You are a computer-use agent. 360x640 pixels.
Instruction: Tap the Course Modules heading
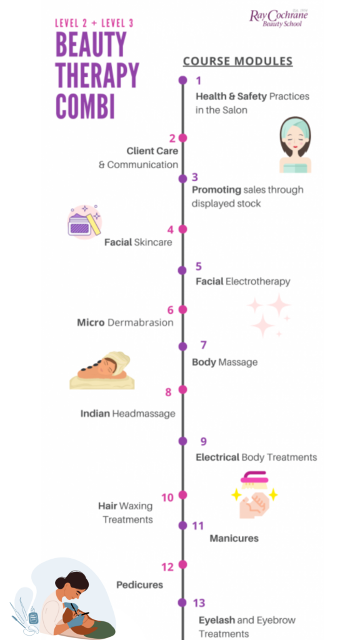point(237,61)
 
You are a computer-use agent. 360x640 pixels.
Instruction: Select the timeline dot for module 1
point(182,80)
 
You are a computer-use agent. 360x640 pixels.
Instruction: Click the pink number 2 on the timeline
point(172,138)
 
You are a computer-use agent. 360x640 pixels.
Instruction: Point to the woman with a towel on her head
point(295,145)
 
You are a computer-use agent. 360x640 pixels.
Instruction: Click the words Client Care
point(152,151)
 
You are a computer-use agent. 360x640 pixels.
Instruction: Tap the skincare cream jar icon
point(84,222)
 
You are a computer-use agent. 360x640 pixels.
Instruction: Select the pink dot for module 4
point(182,229)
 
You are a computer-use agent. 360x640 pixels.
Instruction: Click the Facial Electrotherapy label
point(242,281)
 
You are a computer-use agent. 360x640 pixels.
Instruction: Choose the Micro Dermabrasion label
point(125,322)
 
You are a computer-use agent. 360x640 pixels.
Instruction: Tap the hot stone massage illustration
point(102,371)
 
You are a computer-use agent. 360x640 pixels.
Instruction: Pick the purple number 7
point(203,345)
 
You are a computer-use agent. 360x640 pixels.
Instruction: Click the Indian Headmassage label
point(127,413)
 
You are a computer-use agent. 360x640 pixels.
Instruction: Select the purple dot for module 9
point(182,441)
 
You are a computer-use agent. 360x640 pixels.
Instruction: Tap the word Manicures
point(234,538)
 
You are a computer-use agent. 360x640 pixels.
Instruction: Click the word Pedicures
point(139,584)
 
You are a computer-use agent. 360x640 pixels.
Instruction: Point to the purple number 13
point(199,603)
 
